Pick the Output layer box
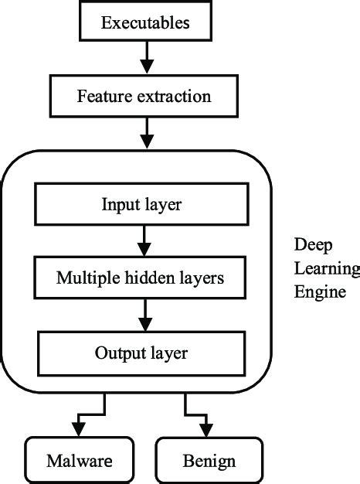[141, 353]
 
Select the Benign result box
[209, 462]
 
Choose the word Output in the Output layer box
[119, 353]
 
